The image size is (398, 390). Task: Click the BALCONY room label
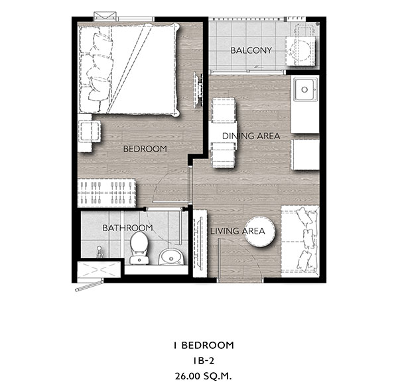[x=251, y=50]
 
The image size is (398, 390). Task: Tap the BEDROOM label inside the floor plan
[x=145, y=149]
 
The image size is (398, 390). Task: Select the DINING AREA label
[x=251, y=136]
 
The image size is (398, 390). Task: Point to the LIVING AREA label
[x=237, y=231]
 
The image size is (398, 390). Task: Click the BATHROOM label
[x=127, y=228]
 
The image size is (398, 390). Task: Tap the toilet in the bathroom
[x=139, y=248]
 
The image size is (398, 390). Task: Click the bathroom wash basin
[x=171, y=257]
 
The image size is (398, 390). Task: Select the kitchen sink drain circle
[x=304, y=89]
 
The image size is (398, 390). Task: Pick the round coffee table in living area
[x=260, y=231]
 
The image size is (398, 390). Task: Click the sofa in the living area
[x=300, y=242]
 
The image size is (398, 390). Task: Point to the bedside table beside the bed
[x=88, y=132]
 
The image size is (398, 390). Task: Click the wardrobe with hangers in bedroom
[x=107, y=193]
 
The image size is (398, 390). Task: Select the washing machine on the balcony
[x=301, y=51]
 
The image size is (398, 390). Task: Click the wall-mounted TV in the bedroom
[x=198, y=90]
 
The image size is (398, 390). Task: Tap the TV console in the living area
[x=200, y=243]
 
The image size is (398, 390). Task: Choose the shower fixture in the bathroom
[x=99, y=252]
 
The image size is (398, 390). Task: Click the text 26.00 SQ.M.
[x=204, y=376]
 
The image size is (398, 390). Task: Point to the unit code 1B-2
[x=204, y=361]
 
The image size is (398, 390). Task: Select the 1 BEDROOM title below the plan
[x=204, y=346]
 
